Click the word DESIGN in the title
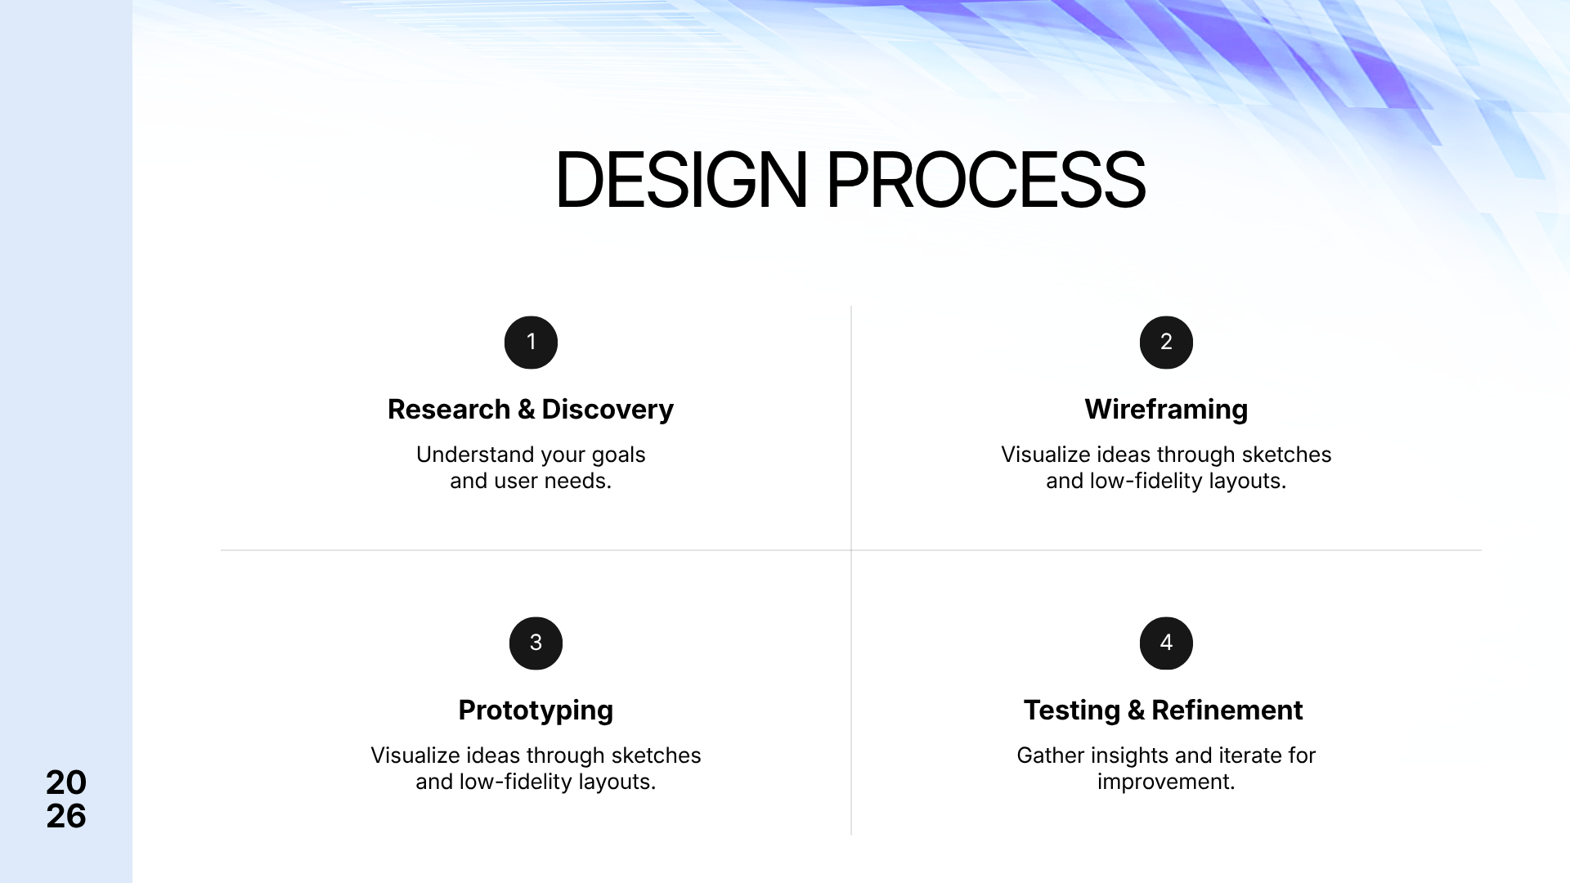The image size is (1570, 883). point(681,180)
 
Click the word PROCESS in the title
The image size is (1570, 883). point(985,180)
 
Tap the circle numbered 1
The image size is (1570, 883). point(531,343)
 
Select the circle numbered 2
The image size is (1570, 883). point(1166,343)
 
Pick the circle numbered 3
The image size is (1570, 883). point(536,643)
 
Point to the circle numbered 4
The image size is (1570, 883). point(1166,643)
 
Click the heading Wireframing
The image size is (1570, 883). point(1166,410)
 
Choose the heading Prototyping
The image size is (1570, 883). point(536,710)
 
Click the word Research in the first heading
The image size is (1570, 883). point(449,410)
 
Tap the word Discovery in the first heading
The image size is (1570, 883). point(608,410)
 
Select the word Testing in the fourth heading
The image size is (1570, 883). point(1072,710)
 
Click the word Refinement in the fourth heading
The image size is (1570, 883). point(1227,710)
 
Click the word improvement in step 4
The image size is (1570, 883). point(1166,782)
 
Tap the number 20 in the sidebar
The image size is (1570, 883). point(66,783)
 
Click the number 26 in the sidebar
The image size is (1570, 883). point(66,816)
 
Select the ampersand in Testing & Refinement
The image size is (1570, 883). point(1136,710)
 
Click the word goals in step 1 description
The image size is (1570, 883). point(619,455)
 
